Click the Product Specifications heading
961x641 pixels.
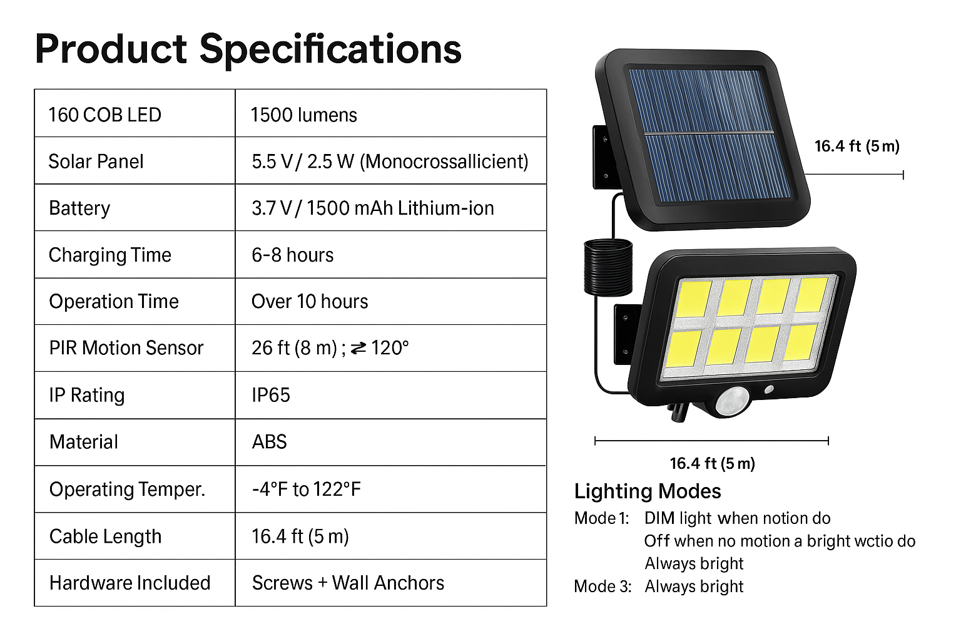point(248,49)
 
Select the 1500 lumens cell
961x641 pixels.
point(303,115)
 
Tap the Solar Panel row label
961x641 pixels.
point(96,162)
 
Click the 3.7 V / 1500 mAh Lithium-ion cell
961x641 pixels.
point(372,208)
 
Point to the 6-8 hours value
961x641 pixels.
point(292,255)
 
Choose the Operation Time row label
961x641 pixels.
point(114,301)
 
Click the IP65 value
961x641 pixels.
point(271,395)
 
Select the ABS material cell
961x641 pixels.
point(269,442)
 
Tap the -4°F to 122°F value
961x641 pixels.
point(307,489)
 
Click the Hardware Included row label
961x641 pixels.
point(130,583)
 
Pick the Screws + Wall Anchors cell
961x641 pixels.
point(348,583)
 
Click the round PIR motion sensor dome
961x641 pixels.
point(732,402)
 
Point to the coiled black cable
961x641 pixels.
point(608,267)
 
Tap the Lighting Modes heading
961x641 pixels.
point(648,491)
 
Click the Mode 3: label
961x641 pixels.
point(603,587)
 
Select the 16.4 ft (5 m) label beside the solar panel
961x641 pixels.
point(857,146)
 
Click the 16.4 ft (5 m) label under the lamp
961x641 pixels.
point(712,463)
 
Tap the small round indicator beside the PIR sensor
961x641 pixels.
point(769,389)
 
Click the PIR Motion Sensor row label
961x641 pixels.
point(126,348)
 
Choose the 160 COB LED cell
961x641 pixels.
point(104,115)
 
